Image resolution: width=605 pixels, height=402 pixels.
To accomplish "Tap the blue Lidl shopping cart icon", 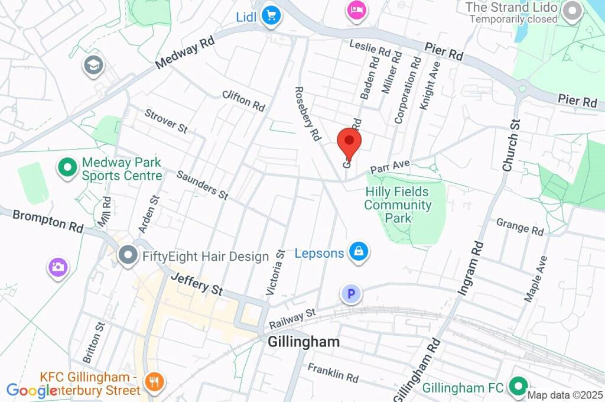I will [271, 16].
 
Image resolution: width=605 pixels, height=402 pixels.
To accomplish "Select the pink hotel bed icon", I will [356, 10].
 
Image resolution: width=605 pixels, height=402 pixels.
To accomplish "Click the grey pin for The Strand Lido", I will [571, 11].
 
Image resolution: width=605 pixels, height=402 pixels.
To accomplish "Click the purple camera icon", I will [58, 267].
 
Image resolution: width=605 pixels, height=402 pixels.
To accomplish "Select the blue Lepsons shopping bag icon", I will [358, 252].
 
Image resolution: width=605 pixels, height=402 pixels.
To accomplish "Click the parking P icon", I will [352, 293].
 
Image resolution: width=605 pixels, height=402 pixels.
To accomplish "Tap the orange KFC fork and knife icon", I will [155, 381].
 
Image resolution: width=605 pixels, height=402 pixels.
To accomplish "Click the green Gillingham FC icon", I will [519, 387].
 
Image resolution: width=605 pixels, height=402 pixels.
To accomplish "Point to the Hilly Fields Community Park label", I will [398, 205].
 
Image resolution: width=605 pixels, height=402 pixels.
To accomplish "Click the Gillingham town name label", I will [304, 342].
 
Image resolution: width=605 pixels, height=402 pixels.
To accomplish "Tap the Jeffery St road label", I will [197, 284].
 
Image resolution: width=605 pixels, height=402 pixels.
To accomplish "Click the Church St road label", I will [511, 145].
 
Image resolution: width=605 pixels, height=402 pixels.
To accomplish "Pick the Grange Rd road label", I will [520, 226].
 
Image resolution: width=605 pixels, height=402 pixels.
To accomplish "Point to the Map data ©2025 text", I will [565, 395].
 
